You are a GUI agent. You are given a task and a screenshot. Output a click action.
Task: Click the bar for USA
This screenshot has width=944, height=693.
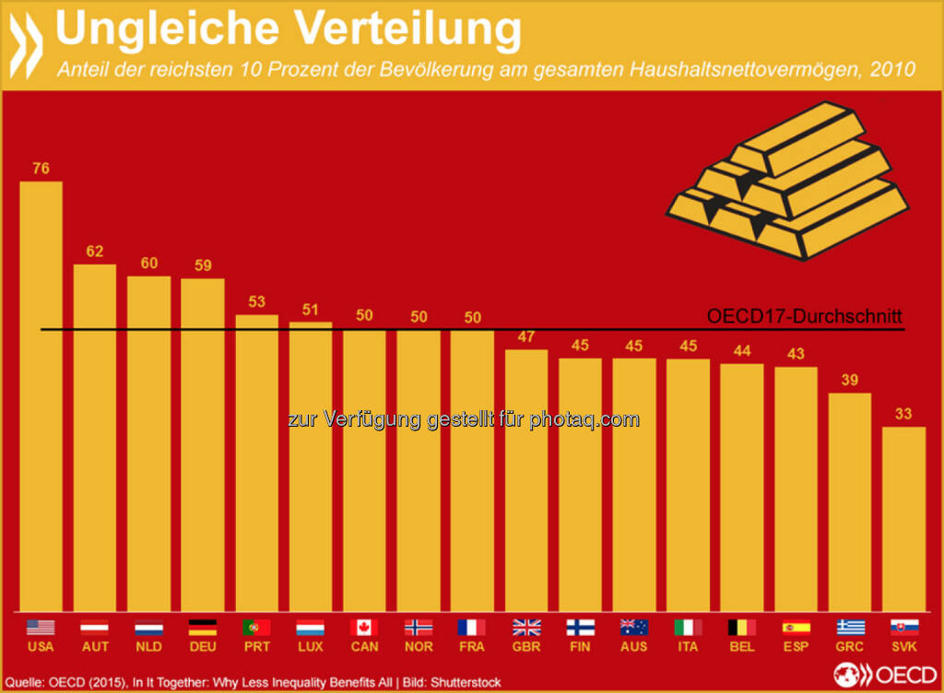[x=41, y=396]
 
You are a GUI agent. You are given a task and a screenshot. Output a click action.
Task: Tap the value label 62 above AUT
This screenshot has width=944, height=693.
[x=94, y=251]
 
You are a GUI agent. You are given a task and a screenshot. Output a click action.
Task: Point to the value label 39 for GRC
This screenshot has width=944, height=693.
[x=850, y=380]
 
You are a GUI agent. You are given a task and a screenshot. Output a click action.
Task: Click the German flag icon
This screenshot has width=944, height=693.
[x=202, y=628]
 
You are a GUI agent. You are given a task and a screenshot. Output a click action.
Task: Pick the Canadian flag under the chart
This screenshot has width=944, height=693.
[x=364, y=628]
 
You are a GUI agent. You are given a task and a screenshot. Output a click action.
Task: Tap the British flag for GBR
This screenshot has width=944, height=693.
[x=526, y=628]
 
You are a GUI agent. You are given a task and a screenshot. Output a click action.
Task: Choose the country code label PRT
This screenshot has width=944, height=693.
[x=256, y=647]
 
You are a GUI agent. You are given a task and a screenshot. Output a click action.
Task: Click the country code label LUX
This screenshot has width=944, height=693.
[x=310, y=647]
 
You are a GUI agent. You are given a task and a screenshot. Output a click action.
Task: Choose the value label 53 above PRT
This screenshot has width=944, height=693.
[x=256, y=301]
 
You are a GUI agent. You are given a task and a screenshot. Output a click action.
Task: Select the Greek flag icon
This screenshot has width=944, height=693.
[x=850, y=628]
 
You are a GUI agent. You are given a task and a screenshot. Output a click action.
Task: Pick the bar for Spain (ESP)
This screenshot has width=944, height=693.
[x=796, y=488]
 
